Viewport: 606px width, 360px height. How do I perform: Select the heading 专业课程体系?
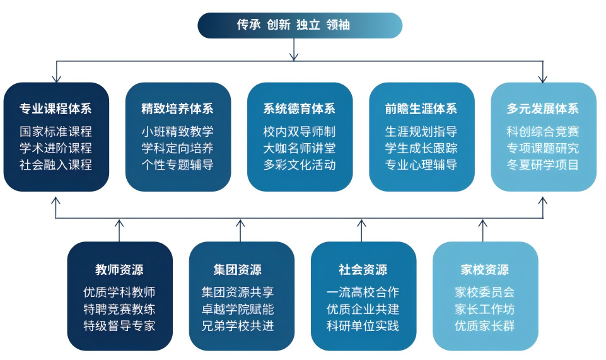pos(56,108)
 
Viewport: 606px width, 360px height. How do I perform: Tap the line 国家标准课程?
pos(56,132)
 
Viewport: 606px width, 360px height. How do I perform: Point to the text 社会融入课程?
pos(56,165)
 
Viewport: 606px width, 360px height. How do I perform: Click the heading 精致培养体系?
pos(178,108)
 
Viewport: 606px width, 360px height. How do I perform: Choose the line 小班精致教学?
pos(178,132)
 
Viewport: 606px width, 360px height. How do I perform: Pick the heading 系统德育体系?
pos(300,108)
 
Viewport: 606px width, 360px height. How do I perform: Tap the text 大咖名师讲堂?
pos(300,149)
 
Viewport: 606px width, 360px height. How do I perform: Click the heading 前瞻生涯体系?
pos(421,108)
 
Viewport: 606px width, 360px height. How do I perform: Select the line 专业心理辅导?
pos(421,165)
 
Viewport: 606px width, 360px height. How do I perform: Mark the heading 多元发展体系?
pos(543,108)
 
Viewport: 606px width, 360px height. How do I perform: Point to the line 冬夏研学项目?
pos(543,165)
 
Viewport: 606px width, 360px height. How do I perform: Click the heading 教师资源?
pos(119,270)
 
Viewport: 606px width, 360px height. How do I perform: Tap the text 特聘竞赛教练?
pos(119,310)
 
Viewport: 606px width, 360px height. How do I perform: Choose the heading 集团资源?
pos(241,270)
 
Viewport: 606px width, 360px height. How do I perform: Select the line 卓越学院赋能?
pos(241,310)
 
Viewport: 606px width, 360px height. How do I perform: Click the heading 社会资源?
pos(363,270)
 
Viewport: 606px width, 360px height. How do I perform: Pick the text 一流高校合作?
pos(363,293)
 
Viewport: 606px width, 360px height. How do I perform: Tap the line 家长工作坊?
pos(484,310)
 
